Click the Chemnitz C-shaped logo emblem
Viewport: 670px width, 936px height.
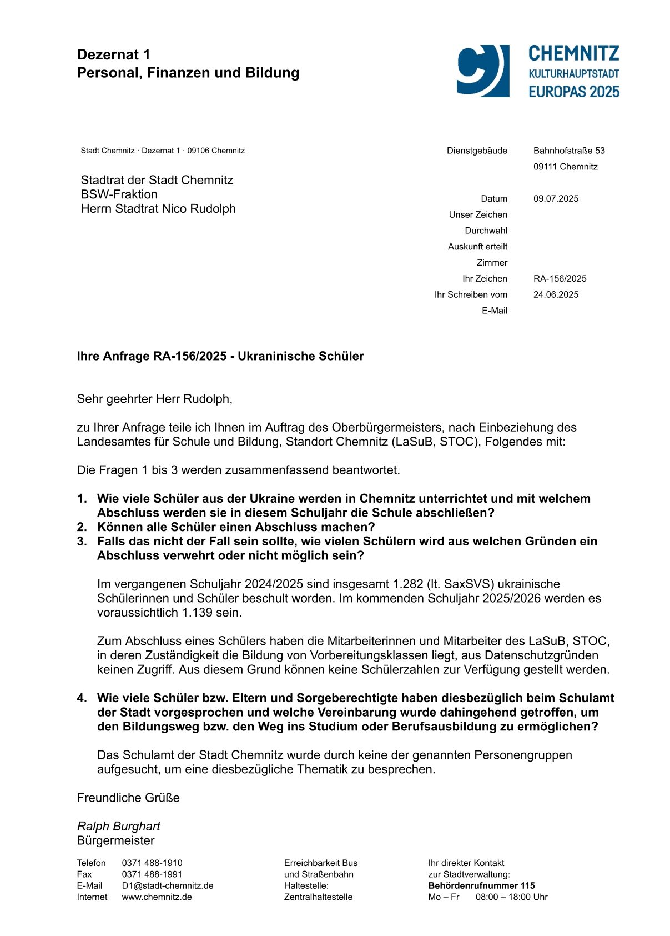click(x=482, y=71)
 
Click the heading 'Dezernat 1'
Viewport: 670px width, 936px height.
click(x=114, y=54)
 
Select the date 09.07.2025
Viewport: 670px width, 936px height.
click(x=556, y=199)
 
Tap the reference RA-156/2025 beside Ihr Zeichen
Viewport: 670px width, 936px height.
click(x=560, y=279)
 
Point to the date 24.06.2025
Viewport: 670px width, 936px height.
click(x=556, y=295)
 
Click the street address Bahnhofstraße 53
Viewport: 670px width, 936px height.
click(x=569, y=151)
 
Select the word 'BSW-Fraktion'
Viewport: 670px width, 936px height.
click(x=119, y=194)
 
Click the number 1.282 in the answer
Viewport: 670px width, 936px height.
click(x=408, y=584)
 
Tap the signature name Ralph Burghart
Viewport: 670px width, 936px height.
click(x=118, y=827)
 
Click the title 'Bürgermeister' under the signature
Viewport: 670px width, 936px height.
click(x=115, y=841)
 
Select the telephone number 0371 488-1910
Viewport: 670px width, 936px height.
click(x=152, y=863)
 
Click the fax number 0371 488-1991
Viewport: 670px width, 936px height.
click(x=152, y=874)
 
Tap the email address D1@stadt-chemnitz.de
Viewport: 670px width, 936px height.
click(x=168, y=886)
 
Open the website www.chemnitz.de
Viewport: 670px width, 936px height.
click(x=157, y=897)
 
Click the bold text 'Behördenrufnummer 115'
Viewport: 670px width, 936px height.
click(x=481, y=886)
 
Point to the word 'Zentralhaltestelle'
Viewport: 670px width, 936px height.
click(x=318, y=897)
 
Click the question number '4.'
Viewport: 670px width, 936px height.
click(x=82, y=698)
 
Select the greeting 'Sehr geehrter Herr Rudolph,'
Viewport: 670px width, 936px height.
click(x=155, y=399)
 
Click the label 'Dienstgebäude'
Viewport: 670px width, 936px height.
click(x=477, y=151)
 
